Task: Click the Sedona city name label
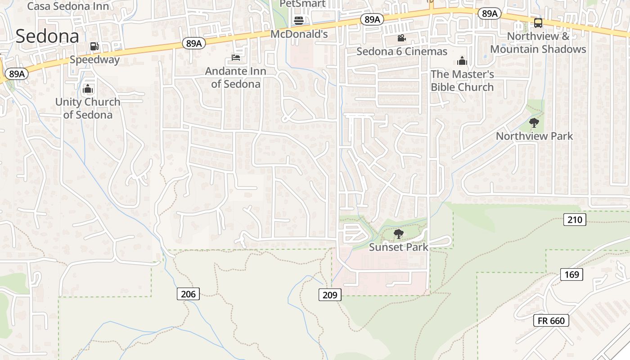(x=47, y=36)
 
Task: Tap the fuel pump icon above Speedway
(x=94, y=46)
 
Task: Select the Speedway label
(x=94, y=59)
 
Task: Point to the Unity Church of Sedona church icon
(x=88, y=89)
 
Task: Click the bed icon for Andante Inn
(x=236, y=58)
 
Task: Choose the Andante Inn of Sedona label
(x=236, y=77)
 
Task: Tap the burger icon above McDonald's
(x=299, y=20)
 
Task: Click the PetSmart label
(x=302, y=4)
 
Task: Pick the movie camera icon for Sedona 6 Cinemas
(x=401, y=38)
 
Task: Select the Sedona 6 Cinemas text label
(x=402, y=51)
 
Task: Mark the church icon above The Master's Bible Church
(x=462, y=61)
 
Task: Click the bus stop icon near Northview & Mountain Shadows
(x=538, y=23)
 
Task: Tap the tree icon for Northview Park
(x=534, y=122)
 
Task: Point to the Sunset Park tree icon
(x=398, y=234)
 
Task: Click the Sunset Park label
(x=399, y=247)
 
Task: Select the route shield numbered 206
(x=188, y=294)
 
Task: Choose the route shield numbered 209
(x=330, y=295)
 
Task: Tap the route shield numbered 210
(x=575, y=220)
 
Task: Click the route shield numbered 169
(x=571, y=274)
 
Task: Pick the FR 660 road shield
(x=551, y=320)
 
